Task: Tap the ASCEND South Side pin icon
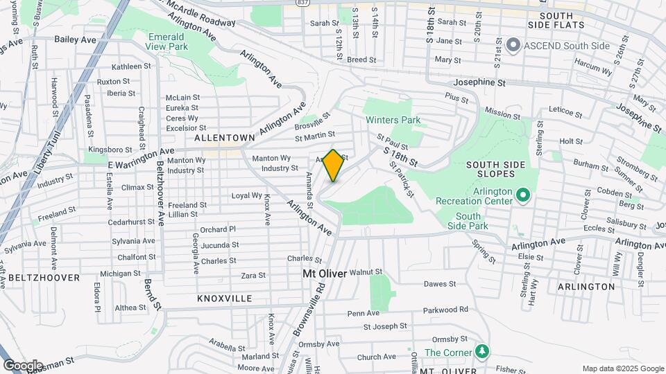pyautogui.click(x=513, y=46)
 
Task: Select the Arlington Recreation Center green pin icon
pyautogui.click(x=524, y=196)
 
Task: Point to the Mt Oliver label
pyautogui.click(x=324, y=274)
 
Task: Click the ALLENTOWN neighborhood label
pyautogui.click(x=221, y=139)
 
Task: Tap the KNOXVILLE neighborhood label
pyautogui.click(x=224, y=299)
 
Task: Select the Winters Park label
pyautogui.click(x=393, y=120)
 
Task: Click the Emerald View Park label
pyautogui.click(x=167, y=42)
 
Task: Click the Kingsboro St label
pyautogui.click(x=110, y=150)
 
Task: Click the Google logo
pyautogui.click(x=23, y=366)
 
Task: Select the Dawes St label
pyautogui.click(x=440, y=284)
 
